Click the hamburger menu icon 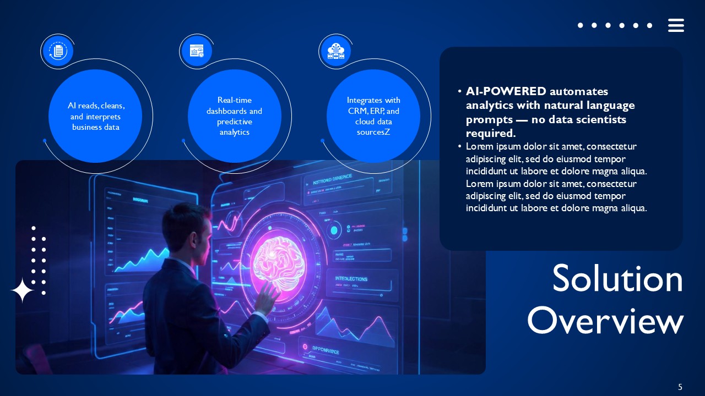tap(676, 25)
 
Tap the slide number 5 tap(680, 387)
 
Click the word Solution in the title tap(617, 279)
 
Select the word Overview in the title tap(605, 321)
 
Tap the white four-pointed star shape tap(22, 290)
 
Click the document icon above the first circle tap(57, 52)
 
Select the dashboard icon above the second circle tap(196, 52)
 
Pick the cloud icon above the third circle tap(335, 52)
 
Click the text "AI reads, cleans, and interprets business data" tap(95, 116)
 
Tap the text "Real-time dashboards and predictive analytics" tap(235, 116)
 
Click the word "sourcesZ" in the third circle tap(373, 132)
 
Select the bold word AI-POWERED tap(506, 91)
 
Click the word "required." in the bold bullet tap(490, 133)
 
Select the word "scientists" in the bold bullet tap(600, 119)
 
